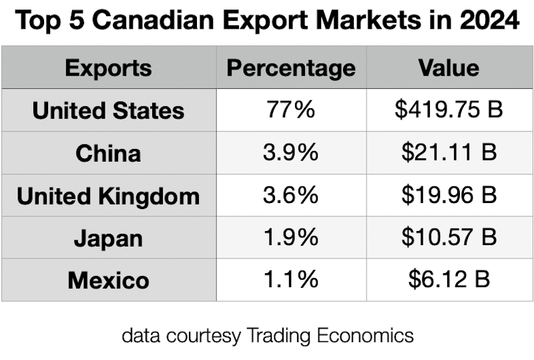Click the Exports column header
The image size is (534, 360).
point(108,67)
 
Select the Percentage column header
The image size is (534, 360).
point(291,67)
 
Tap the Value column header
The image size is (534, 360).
point(449,67)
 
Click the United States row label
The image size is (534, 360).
point(108,110)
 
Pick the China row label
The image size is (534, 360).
point(108,153)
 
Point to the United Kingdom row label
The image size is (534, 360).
point(108,196)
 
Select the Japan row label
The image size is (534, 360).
point(108,238)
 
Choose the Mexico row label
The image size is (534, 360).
point(108,280)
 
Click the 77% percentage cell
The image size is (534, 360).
point(291,110)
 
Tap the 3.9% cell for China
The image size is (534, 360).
point(291,153)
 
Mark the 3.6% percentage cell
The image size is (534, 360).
point(291,196)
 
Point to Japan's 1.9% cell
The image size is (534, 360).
point(291,238)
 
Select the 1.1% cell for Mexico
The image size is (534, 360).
point(291,280)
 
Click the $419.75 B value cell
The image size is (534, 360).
point(449,110)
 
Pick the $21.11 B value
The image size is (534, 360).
point(449,153)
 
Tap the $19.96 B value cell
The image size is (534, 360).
point(449,196)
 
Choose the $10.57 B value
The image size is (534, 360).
point(449,238)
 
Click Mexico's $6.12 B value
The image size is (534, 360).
point(449,280)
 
